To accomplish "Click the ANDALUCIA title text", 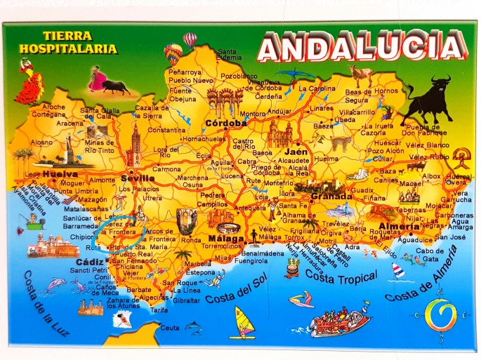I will point(361,47).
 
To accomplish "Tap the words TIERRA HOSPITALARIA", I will point(79,43).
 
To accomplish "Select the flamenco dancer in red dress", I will point(29,83).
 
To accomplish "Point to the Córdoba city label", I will point(226,124).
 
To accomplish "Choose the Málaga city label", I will point(225,239).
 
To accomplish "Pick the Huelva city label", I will point(60,173).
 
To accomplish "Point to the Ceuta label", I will point(170,327).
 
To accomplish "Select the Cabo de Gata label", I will point(430,255).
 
